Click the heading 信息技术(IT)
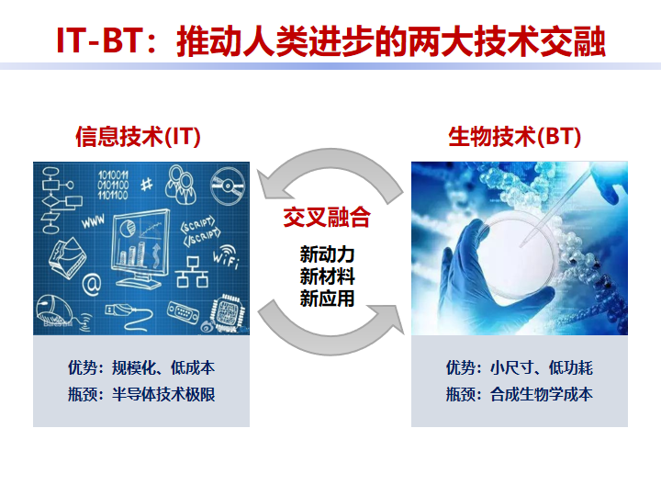click(x=138, y=137)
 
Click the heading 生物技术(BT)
click(x=515, y=137)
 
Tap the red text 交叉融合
click(x=327, y=217)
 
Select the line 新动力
click(x=327, y=254)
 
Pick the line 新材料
click(x=327, y=276)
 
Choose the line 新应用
click(x=327, y=299)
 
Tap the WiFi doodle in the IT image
click(x=227, y=255)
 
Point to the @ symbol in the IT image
click(x=92, y=285)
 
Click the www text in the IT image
click(x=93, y=221)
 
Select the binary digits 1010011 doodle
click(x=113, y=185)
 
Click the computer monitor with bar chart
click(x=140, y=249)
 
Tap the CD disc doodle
click(x=228, y=186)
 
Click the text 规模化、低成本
click(x=163, y=367)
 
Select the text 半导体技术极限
click(x=163, y=394)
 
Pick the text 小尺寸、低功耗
click(x=542, y=367)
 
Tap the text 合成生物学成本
click(x=542, y=394)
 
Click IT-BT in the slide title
click(x=98, y=40)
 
